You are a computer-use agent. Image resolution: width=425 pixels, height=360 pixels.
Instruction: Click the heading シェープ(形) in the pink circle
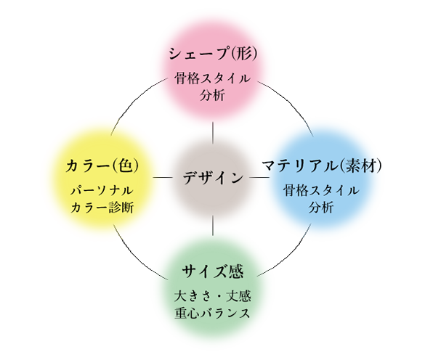pyautogui.click(x=213, y=54)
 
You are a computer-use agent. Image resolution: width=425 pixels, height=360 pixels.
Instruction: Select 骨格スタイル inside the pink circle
pyautogui.click(x=212, y=78)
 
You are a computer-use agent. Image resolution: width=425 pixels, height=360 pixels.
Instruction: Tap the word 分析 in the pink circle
pyautogui.click(x=212, y=95)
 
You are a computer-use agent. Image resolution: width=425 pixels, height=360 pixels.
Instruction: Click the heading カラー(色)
pyautogui.click(x=102, y=165)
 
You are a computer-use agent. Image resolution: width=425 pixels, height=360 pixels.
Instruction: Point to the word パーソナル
pyautogui.click(x=102, y=191)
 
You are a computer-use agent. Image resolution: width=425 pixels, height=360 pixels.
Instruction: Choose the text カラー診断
pyautogui.click(x=102, y=208)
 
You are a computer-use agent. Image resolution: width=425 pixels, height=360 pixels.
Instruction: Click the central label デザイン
pyautogui.click(x=213, y=178)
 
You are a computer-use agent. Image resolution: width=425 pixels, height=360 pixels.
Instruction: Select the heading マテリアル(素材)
pyautogui.click(x=322, y=165)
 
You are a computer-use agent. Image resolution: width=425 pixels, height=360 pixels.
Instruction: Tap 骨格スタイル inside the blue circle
pyautogui.click(x=321, y=191)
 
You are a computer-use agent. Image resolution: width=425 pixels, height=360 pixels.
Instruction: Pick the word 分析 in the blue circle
pyautogui.click(x=321, y=208)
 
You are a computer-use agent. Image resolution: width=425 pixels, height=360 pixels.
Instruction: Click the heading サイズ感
pyautogui.click(x=213, y=271)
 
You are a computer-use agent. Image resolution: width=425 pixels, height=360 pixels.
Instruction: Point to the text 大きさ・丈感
pyautogui.click(x=213, y=296)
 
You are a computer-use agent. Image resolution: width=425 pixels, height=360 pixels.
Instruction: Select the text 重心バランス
pyautogui.click(x=212, y=313)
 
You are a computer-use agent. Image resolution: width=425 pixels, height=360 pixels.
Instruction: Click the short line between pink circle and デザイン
pyautogui.click(x=213, y=133)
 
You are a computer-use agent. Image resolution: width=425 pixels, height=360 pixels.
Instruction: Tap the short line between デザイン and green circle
pyautogui.click(x=213, y=226)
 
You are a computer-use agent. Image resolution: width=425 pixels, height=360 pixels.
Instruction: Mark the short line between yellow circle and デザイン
pyautogui.click(x=163, y=177)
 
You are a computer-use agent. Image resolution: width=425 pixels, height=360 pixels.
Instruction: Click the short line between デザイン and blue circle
pyautogui.click(x=259, y=177)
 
